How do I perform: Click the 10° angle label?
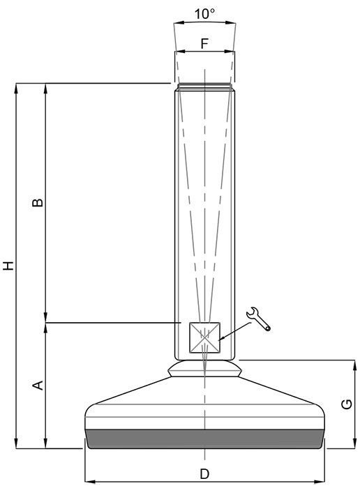[204, 13]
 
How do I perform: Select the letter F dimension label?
[204, 43]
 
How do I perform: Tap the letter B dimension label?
[38, 202]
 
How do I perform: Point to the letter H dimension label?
[8, 266]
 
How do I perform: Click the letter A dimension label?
[38, 386]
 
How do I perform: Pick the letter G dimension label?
[347, 404]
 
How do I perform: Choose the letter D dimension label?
[204, 474]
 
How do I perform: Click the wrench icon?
[258, 319]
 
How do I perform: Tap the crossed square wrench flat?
[204, 337]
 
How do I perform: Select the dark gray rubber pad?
[204, 439]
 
